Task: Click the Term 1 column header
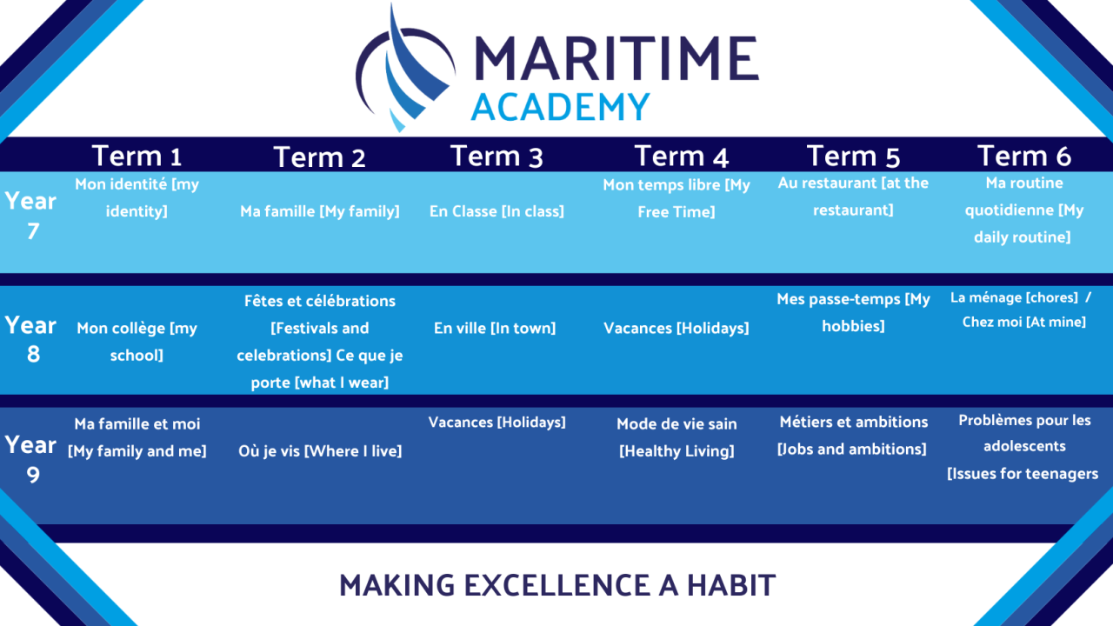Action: pos(137,156)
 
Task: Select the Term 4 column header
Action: pos(681,156)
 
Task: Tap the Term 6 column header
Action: pos(1024,156)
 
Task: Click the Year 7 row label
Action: pos(30,216)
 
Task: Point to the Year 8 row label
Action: pos(30,339)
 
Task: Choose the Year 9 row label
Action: pos(30,459)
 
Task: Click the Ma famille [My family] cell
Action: pos(319,211)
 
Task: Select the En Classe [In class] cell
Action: pos(497,211)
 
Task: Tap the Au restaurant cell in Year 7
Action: pos(853,196)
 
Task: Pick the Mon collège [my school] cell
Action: pos(137,342)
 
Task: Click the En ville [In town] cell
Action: pos(495,329)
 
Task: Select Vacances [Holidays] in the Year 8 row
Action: pos(676,329)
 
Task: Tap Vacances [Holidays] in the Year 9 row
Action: pos(497,423)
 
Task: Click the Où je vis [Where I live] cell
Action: pos(320,451)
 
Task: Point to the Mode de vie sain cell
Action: pos(676,437)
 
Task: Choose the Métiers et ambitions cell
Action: pos(853,436)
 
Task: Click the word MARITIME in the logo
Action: pos(616,58)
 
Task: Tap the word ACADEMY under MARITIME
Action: pos(560,107)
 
